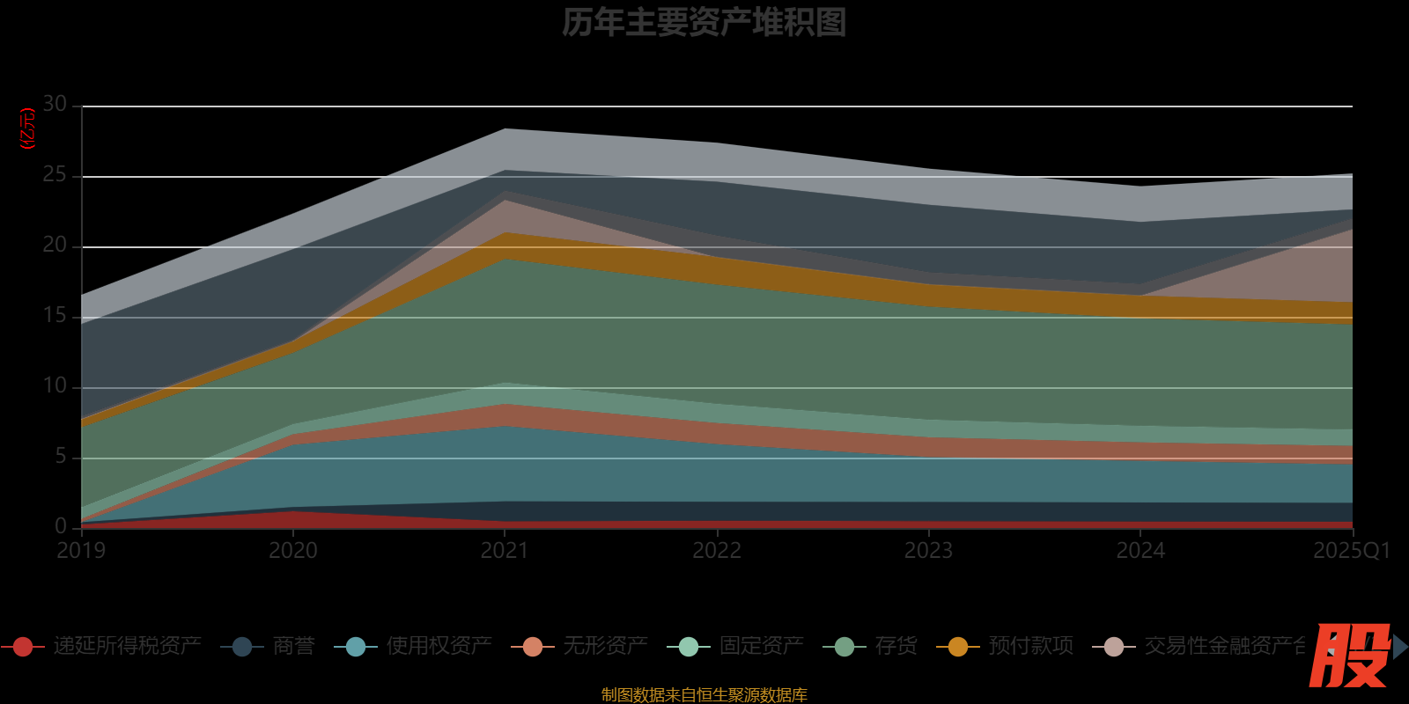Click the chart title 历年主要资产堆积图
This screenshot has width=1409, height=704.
tap(704, 23)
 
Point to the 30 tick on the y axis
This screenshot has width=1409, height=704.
tap(55, 105)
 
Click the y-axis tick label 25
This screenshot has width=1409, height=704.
tap(55, 175)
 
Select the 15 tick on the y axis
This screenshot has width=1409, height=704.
tap(55, 316)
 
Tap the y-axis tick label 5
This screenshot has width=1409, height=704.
tap(60, 457)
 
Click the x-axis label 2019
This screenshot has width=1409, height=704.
tap(81, 551)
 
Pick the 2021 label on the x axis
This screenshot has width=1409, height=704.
tap(505, 551)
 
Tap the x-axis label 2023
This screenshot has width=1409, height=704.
tap(928, 551)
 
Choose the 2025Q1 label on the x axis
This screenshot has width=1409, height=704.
tap(1351, 551)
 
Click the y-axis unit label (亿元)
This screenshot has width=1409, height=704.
tap(27, 128)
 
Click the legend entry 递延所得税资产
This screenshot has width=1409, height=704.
tap(127, 646)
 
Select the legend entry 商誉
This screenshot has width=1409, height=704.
tap(293, 646)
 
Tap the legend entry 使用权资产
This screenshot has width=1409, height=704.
tap(439, 646)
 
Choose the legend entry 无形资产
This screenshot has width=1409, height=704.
tap(605, 646)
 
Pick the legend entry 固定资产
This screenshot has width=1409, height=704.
tap(761, 646)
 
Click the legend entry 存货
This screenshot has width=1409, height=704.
tap(896, 646)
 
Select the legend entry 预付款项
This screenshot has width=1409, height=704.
tap(1030, 646)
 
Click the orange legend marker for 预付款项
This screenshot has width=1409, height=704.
tap(957, 647)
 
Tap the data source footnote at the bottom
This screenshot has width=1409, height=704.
tap(704, 695)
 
